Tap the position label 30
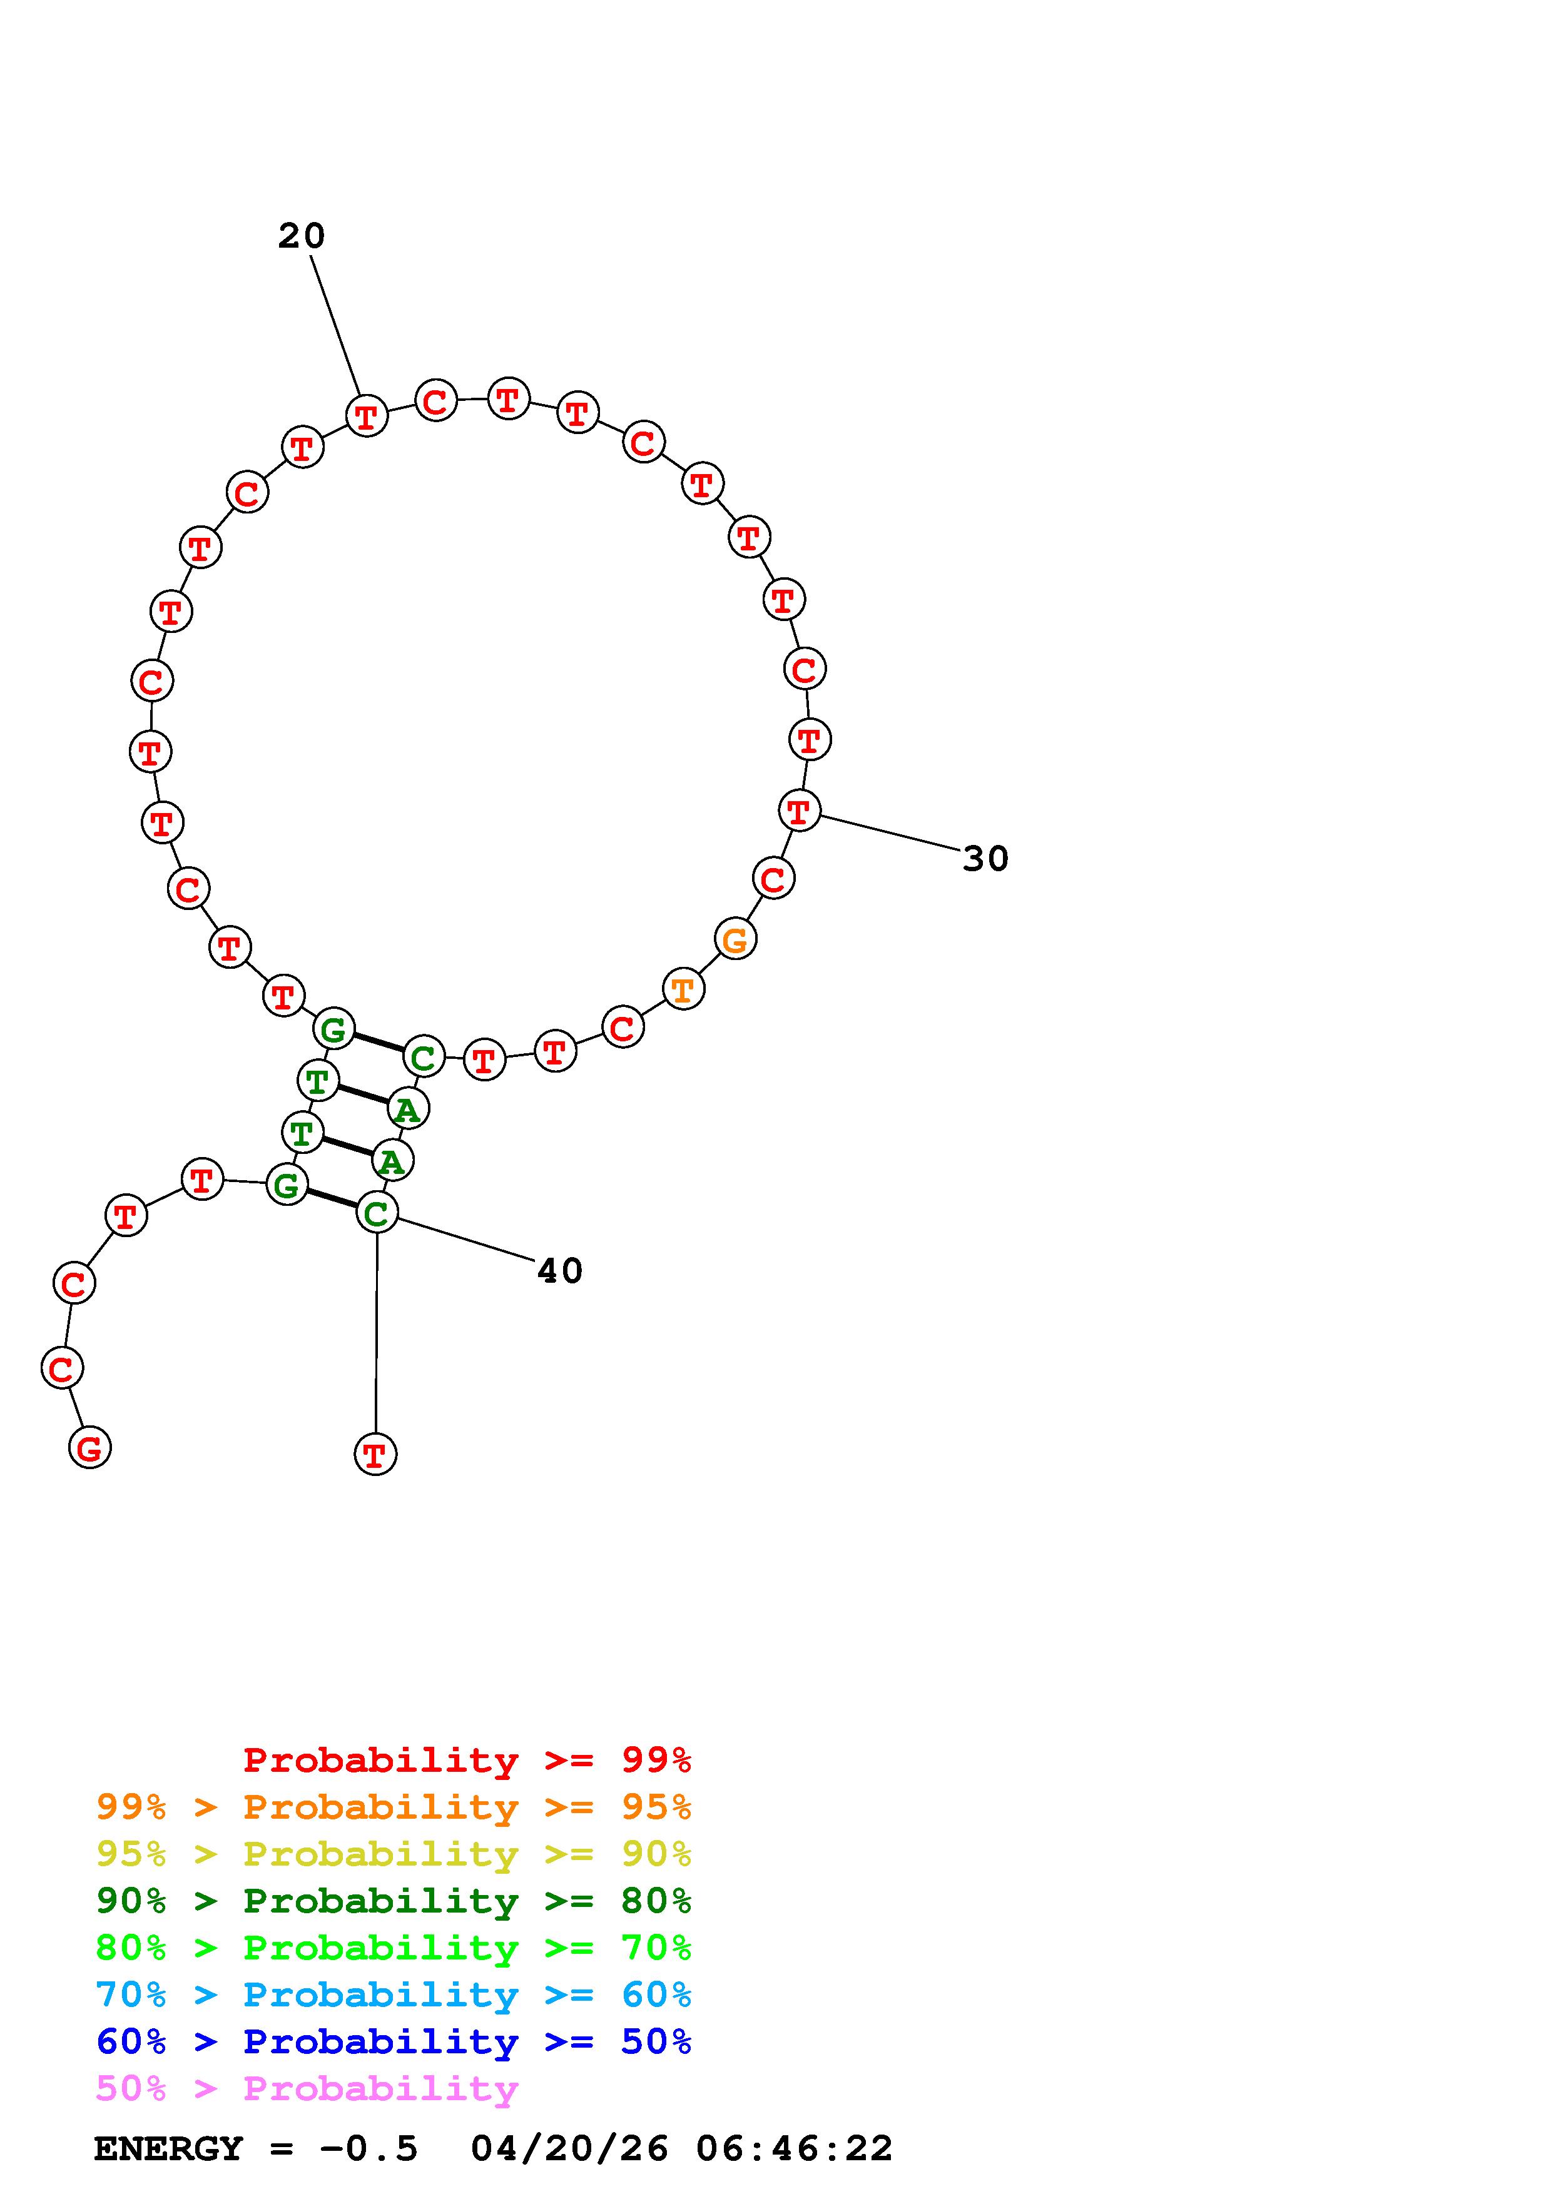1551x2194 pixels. (x=985, y=859)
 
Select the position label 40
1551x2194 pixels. (x=559, y=1271)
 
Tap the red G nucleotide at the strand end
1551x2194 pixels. (x=90, y=1448)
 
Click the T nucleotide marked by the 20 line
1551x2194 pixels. (x=366, y=416)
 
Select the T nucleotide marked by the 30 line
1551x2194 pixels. (x=799, y=811)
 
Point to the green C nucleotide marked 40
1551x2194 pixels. (x=377, y=1213)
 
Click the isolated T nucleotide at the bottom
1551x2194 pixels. (x=375, y=1454)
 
